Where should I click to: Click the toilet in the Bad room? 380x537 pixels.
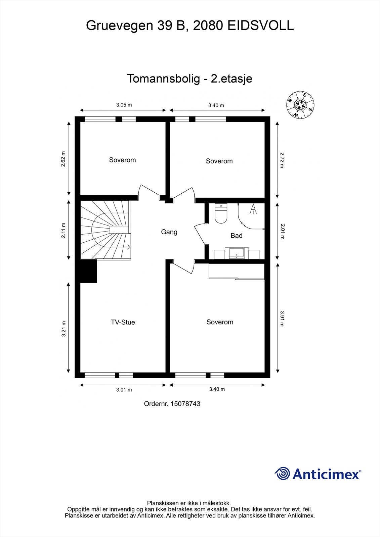pos(221,214)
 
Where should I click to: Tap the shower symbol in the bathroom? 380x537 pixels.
pos(253,209)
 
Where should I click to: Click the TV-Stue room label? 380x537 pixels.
pos(123,322)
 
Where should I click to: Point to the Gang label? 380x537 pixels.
pos(169,232)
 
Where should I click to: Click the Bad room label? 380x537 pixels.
pos(237,236)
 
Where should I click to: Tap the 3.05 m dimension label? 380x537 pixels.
pos(124,105)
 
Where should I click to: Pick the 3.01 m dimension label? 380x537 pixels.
pos(124,390)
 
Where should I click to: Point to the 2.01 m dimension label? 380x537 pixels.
pos(282,231)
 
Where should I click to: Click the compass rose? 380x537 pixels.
pos(300,105)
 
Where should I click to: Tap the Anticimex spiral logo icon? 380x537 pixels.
pos(282,474)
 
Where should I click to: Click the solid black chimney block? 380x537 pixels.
pos(88,271)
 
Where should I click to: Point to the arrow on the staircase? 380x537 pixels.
pos(129,247)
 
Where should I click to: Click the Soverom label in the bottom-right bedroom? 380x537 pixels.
pos(220,322)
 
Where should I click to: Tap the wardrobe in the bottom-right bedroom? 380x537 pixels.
pos(237,271)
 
